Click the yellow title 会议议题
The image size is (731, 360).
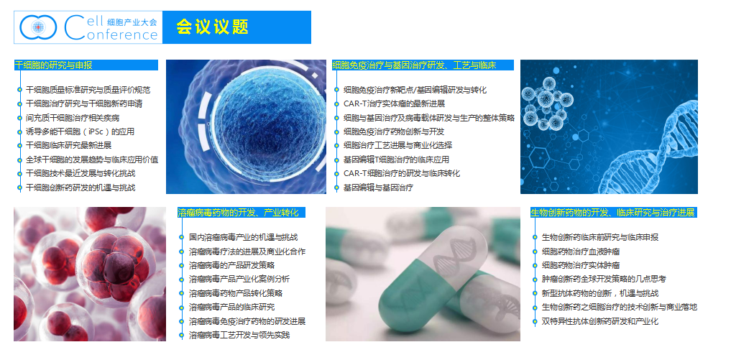pos(212,27)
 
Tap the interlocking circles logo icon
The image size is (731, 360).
pos(38,27)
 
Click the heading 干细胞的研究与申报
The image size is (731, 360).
pos(53,65)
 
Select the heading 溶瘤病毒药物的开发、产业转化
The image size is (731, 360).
pos(238,213)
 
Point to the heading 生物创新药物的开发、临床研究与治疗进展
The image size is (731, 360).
pos(612,213)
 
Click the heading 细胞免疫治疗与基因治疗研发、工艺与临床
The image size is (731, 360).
pos(414,65)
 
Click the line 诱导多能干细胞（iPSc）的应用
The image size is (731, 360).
pos(81,131)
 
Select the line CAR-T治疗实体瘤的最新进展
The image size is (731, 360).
pos(395,103)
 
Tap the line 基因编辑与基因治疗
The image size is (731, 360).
pos(378,188)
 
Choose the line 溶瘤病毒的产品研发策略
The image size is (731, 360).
pos(231,265)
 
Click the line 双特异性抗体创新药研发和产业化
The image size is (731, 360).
pos(600,321)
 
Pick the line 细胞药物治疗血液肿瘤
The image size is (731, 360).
pos(581,251)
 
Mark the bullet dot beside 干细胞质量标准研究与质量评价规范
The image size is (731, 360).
pos(19,90)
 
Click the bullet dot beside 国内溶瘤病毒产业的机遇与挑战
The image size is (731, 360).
pos(182,237)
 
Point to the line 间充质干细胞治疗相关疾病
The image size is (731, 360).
pos(73,118)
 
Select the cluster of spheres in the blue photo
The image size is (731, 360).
pos(546,103)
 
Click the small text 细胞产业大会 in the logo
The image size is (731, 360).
pos(132,22)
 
